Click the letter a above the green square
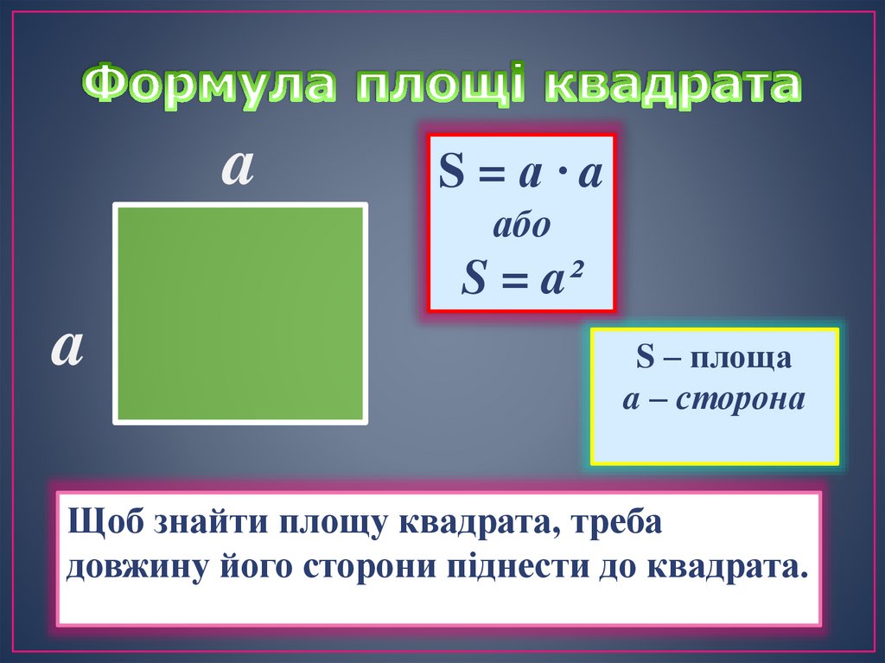pos(238,168)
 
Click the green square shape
pos(240,313)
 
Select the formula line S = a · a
pos(520,173)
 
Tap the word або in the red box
pos(521,225)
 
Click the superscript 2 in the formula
pos(571,271)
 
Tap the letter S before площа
pos(644,358)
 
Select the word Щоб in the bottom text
pos(105,524)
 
